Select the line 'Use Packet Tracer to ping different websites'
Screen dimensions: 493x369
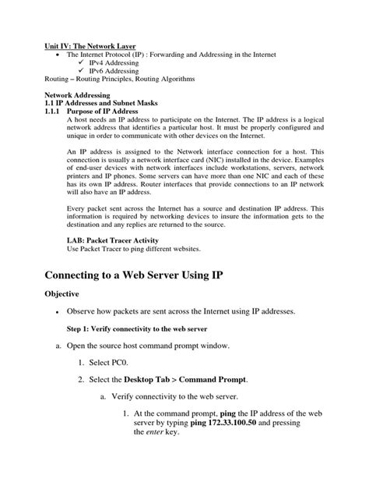click(x=122, y=249)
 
